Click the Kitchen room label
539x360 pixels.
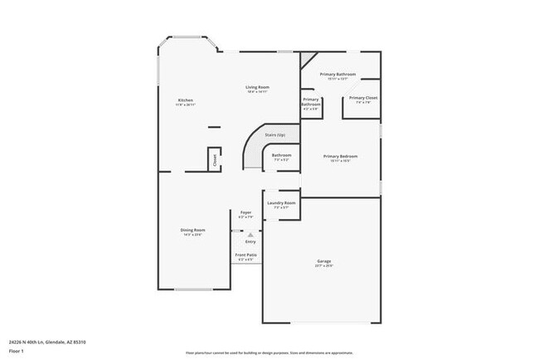185,100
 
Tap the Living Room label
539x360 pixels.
255,87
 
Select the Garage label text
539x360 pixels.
323,261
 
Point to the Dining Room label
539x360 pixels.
193,230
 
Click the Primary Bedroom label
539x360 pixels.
340,156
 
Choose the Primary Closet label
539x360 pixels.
363,98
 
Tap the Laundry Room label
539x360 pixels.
280,203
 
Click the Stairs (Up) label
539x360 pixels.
275,134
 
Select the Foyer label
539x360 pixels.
246,212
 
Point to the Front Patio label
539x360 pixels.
246,255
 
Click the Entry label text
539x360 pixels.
250,241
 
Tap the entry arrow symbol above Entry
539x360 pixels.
250,235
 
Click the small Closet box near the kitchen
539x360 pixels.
215,159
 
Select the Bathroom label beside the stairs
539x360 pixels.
282,155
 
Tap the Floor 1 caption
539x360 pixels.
16,351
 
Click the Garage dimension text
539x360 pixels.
323,266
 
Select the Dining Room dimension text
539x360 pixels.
193,235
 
